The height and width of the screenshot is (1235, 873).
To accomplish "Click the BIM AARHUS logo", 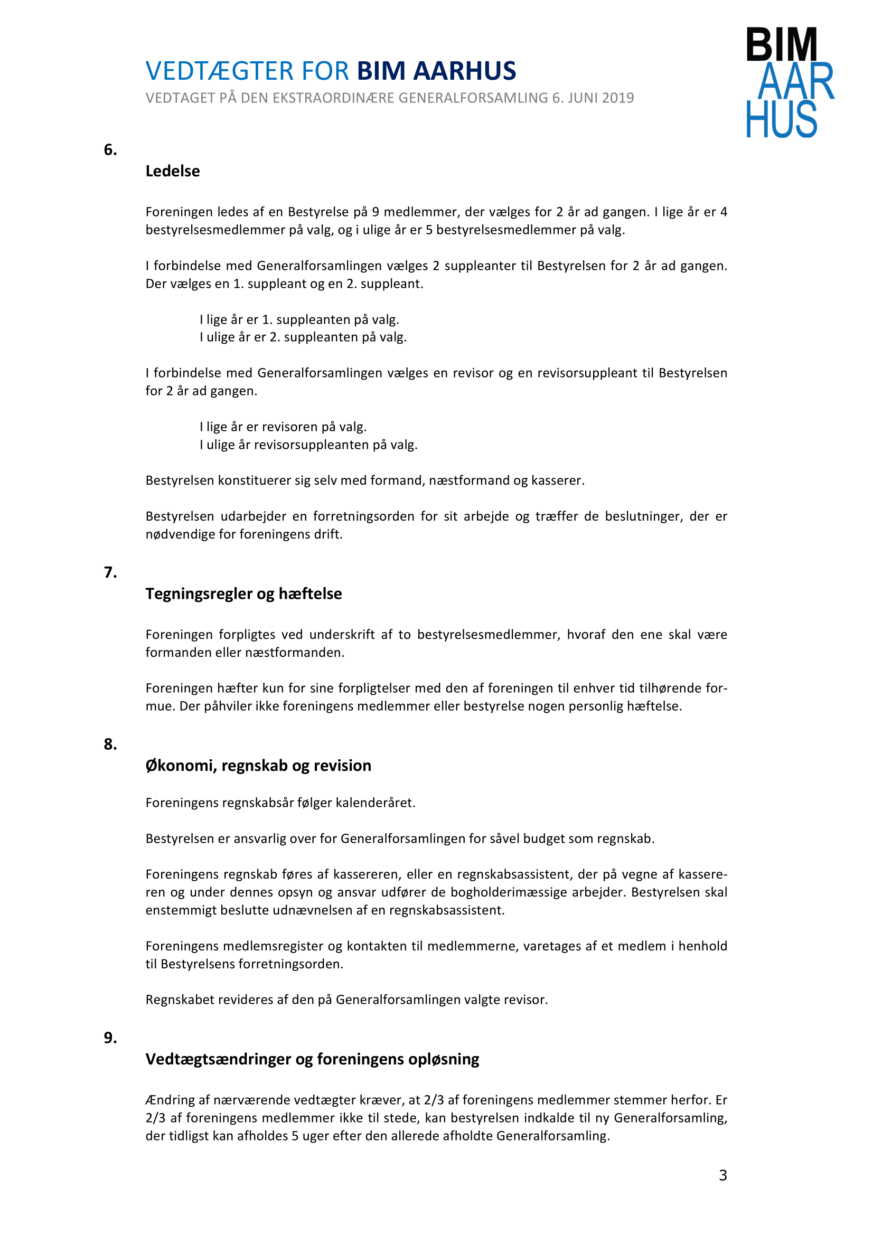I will tap(789, 82).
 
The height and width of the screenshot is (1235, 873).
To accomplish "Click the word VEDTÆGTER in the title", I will tap(220, 71).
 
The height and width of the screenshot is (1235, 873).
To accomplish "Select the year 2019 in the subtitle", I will tap(618, 98).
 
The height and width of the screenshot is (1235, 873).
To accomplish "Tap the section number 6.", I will tap(110, 150).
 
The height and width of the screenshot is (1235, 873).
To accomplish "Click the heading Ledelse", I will tap(173, 171).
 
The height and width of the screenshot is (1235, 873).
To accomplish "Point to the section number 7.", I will tap(110, 572).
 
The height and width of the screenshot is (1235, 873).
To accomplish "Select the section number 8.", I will tap(110, 744).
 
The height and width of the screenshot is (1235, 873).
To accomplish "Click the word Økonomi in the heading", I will tap(181, 766).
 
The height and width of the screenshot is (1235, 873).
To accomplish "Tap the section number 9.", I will tap(110, 1038).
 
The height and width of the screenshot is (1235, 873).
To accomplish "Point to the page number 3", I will tap(723, 1175).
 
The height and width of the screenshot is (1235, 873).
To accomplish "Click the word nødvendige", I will tap(180, 534).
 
